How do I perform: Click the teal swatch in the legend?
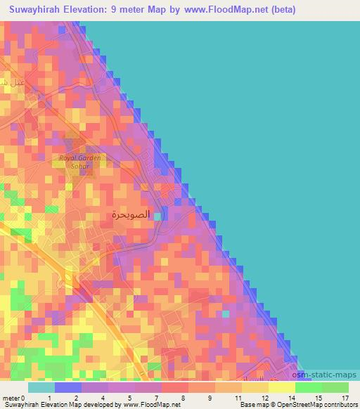[41, 387]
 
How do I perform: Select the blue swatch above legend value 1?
[67, 387]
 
